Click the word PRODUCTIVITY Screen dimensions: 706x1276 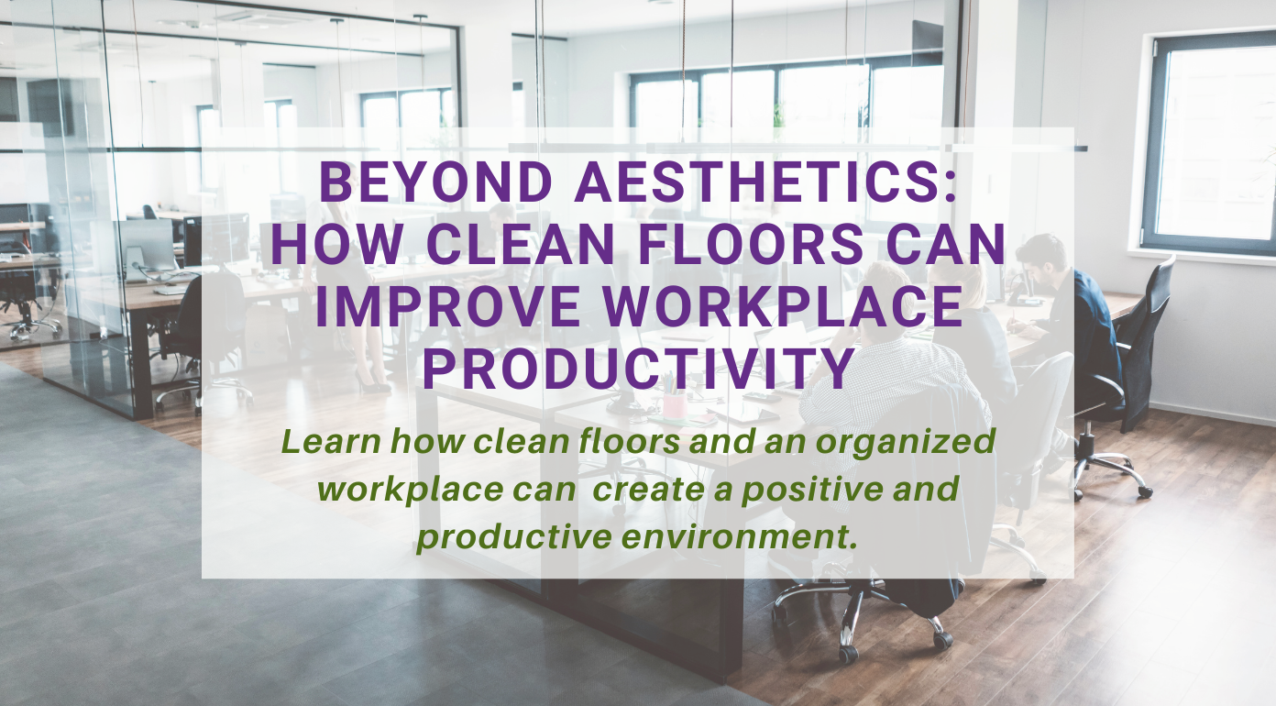tap(638, 367)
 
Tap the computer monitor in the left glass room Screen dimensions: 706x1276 tap(147, 243)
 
